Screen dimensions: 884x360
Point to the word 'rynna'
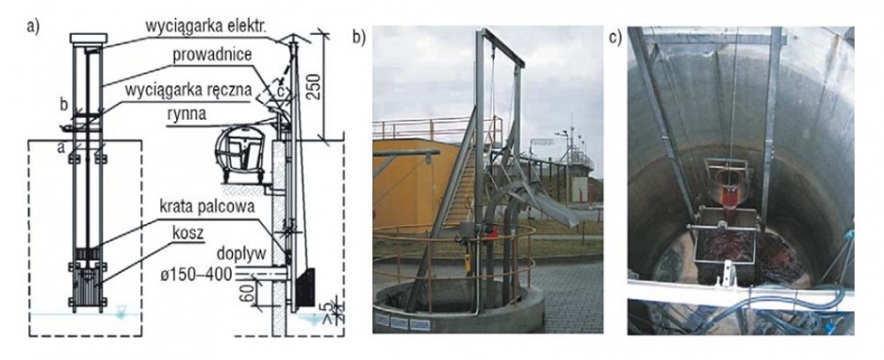point(188,114)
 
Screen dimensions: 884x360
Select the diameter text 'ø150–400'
point(200,274)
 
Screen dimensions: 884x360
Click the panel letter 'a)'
point(34,27)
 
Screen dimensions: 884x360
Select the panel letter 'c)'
point(615,37)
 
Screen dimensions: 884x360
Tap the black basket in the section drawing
point(305,287)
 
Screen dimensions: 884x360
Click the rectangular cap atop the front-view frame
point(89,38)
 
